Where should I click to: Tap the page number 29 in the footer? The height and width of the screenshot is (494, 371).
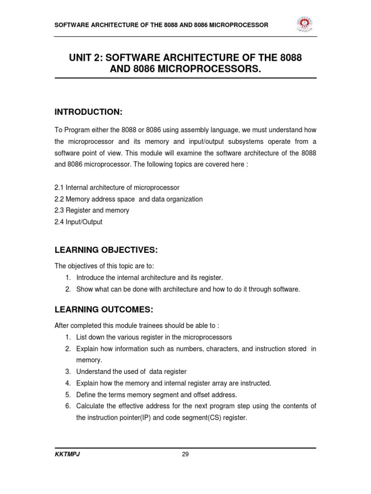185,454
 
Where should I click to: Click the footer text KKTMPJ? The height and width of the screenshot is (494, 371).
67,454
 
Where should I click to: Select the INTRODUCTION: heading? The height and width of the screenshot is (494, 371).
88,112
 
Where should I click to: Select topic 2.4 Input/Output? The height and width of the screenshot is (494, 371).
78,222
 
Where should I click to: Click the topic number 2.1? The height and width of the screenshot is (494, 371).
59,187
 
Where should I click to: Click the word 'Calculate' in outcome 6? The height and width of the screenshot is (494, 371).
90,406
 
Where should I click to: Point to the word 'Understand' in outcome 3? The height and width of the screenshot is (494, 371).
93,371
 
